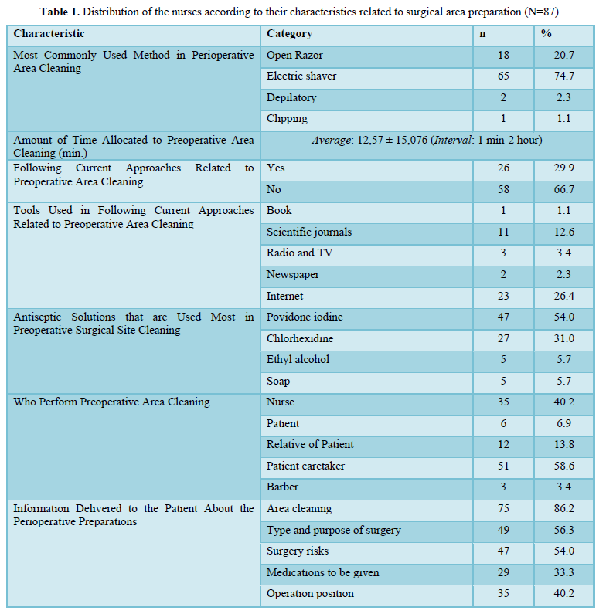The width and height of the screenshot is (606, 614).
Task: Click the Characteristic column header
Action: click(49, 34)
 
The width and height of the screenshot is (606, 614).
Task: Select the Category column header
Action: click(289, 34)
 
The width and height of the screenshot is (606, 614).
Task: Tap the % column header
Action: click(546, 34)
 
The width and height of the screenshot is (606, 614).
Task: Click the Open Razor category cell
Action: click(294, 55)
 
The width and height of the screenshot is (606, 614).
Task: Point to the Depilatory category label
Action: click(291, 98)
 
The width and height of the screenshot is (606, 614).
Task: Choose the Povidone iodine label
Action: click(305, 317)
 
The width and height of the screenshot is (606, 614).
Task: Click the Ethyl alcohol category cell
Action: click(298, 359)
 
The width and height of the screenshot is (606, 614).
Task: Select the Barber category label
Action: click(282, 487)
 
